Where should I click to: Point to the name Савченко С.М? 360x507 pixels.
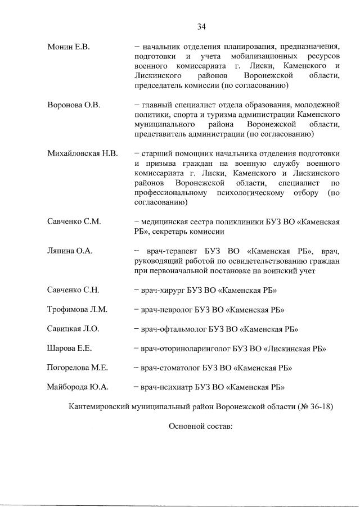74,221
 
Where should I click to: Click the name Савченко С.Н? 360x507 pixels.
73,290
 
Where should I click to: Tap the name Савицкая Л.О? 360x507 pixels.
74,329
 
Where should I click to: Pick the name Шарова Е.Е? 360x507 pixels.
70,348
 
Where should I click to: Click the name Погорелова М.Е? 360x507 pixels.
77,368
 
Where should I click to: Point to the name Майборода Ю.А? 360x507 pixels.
78,387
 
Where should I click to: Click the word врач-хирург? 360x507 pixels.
163,290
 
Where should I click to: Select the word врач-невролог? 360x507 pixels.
166,310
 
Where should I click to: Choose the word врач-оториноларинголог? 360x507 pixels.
183,348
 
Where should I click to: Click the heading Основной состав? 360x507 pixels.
200,427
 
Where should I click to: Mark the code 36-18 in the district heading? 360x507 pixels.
319,407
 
